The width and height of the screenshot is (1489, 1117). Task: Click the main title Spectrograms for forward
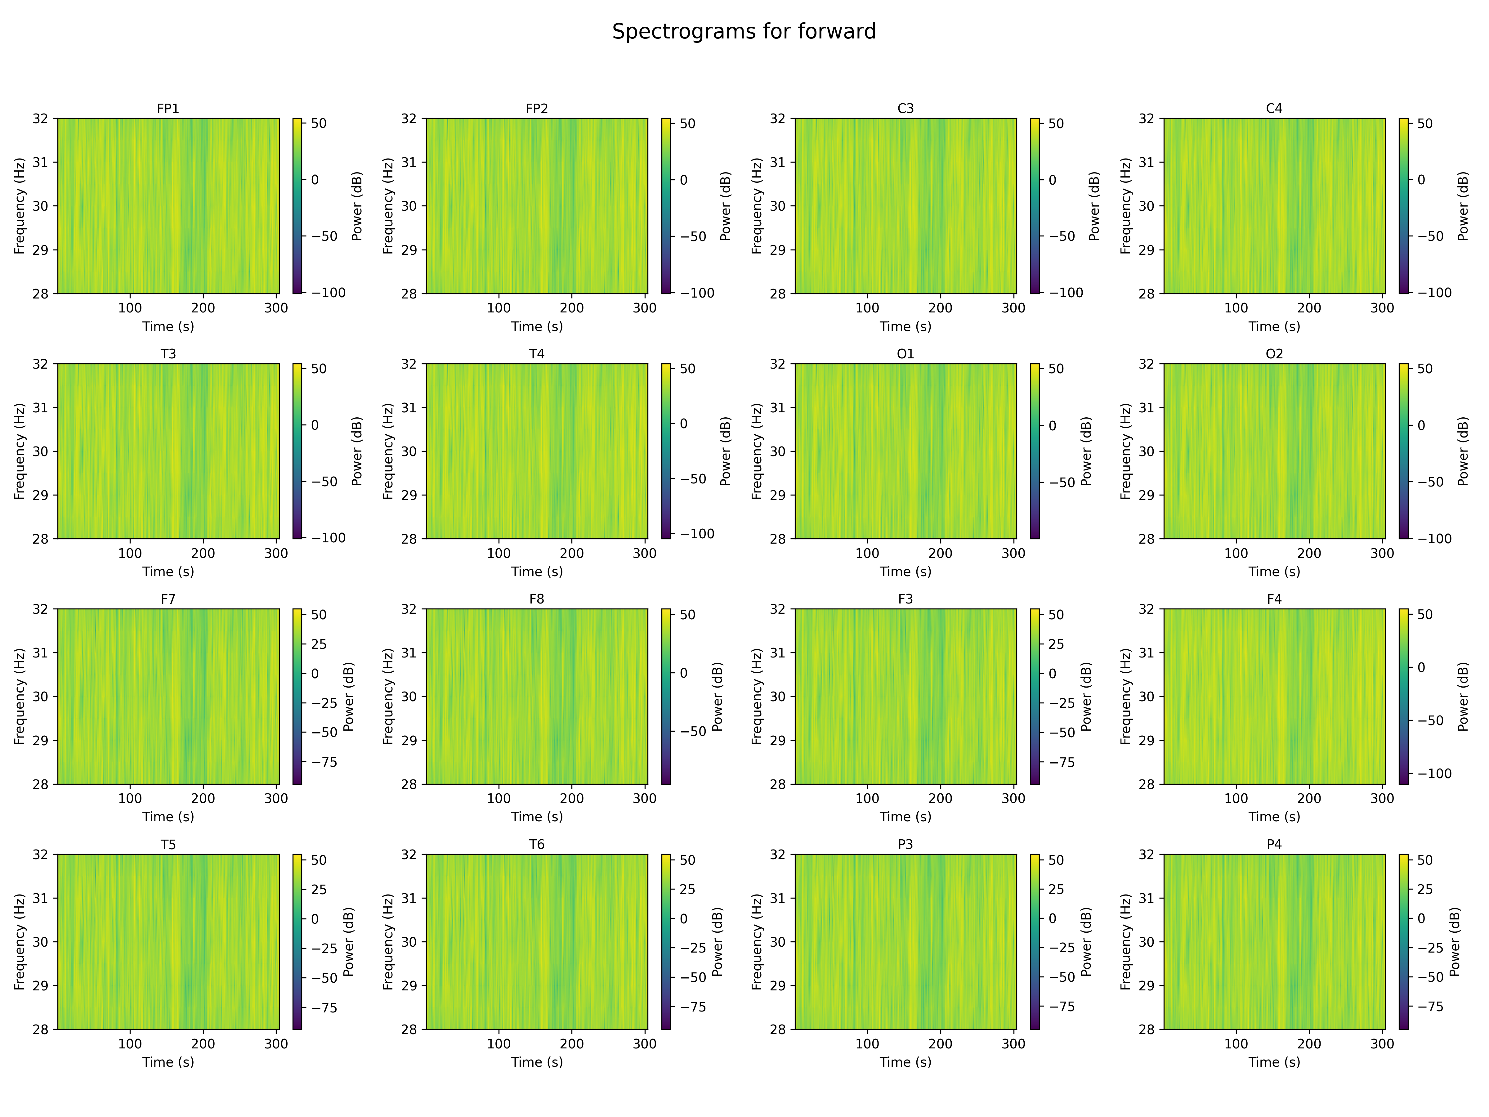pyautogui.click(x=744, y=32)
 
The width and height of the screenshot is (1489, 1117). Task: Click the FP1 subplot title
pyautogui.click(x=168, y=108)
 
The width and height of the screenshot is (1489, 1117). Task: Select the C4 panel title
pyautogui.click(x=1274, y=108)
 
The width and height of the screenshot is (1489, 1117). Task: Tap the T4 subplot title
pyautogui.click(x=536, y=353)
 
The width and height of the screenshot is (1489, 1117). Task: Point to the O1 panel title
pyautogui.click(x=905, y=353)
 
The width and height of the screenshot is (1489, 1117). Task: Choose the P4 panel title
pyautogui.click(x=1274, y=844)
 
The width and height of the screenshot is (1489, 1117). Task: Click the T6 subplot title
pyautogui.click(x=536, y=844)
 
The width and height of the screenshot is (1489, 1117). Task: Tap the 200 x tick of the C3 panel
pyautogui.click(x=940, y=308)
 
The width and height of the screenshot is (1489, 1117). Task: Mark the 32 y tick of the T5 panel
pyautogui.click(x=40, y=855)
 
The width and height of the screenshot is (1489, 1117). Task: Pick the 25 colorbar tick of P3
pyautogui.click(x=1057, y=890)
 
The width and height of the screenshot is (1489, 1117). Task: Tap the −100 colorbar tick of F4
pyautogui.click(x=1434, y=774)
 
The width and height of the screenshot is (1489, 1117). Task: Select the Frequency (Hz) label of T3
pyautogui.click(x=20, y=451)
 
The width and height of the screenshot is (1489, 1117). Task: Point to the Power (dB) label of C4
pyautogui.click(x=1463, y=206)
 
